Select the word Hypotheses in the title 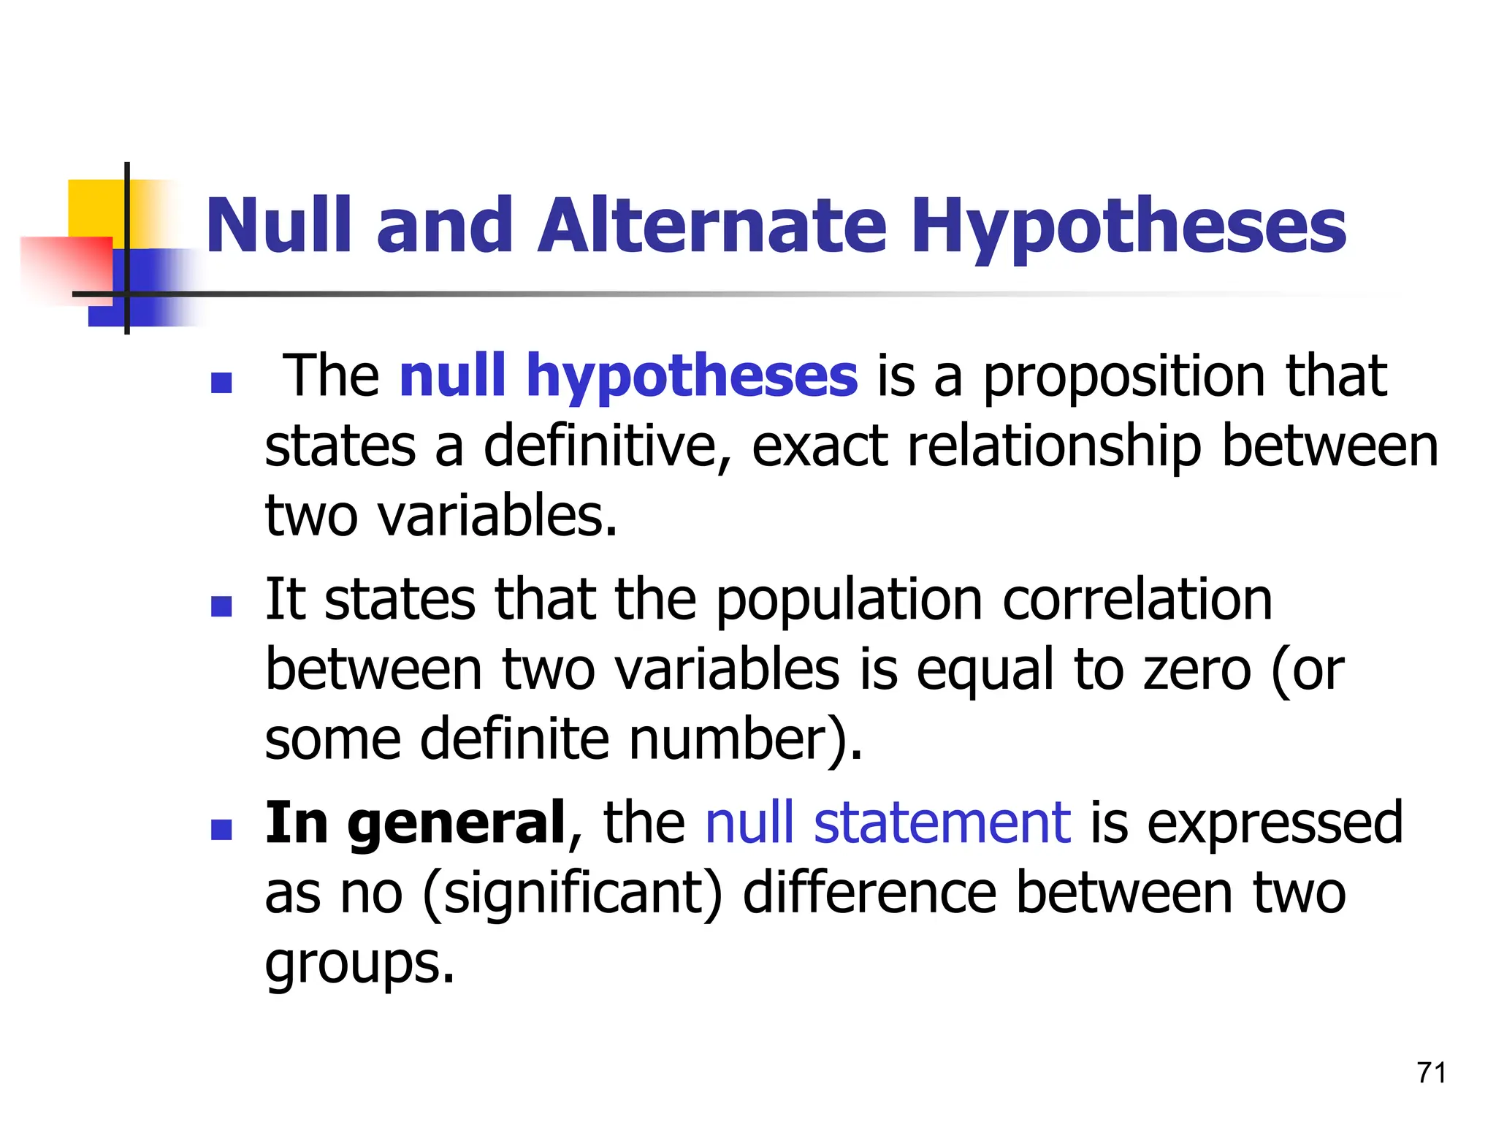pos(1128,226)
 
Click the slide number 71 pos(1431,1073)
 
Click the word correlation pos(1137,599)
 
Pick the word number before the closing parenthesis pos(727,739)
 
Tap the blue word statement pos(942,823)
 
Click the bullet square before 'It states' pos(221,606)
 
